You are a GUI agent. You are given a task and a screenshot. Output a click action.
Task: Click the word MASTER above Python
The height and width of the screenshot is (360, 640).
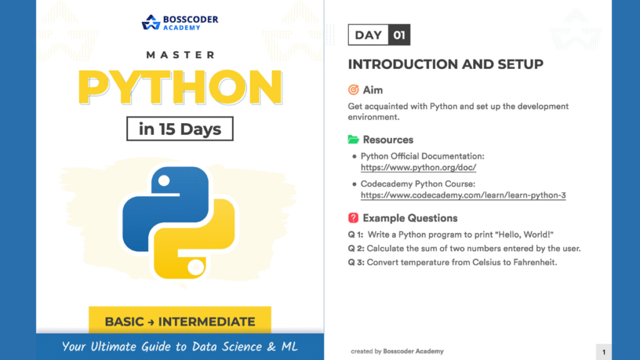tap(180, 55)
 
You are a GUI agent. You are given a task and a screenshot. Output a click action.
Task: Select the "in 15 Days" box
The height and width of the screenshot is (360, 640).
tap(180, 129)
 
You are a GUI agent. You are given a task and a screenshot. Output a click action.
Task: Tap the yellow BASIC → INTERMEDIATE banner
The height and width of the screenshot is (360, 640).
tap(180, 322)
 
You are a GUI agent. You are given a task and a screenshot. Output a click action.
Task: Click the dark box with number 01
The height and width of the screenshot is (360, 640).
tap(399, 35)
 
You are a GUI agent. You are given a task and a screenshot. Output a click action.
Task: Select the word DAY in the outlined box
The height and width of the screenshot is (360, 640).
tap(368, 35)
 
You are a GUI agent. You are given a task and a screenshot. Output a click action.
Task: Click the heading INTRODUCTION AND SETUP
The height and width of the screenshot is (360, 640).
tap(446, 64)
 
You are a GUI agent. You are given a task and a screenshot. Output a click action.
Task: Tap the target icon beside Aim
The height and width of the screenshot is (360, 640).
tap(354, 90)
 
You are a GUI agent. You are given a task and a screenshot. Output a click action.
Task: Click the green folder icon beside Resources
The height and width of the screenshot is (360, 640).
tap(354, 139)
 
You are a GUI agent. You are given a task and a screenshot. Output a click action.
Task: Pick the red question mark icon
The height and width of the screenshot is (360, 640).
tap(354, 218)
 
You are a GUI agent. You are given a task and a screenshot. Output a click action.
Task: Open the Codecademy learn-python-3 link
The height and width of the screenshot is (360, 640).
tap(463, 196)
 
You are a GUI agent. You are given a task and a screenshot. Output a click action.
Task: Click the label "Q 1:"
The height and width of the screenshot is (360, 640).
tap(356, 234)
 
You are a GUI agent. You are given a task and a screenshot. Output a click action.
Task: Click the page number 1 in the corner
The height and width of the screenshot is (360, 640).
tap(604, 352)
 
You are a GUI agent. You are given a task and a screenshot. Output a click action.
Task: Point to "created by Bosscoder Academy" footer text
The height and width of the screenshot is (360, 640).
tap(397, 351)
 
